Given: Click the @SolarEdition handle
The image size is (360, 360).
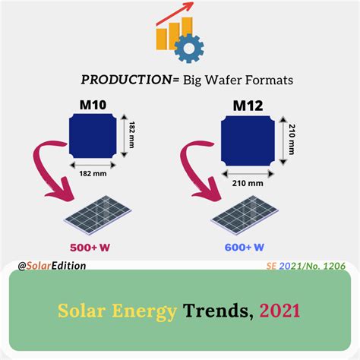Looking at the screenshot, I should pyautogui.click(x=52, y=266).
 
